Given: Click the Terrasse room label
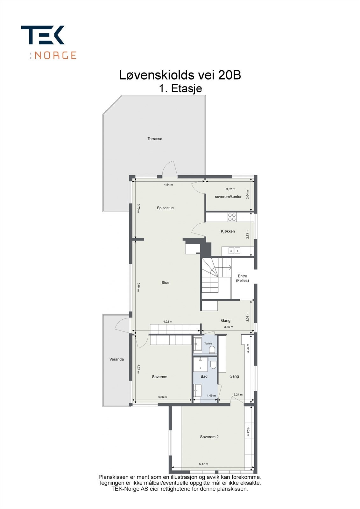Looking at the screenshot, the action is [x=155, y=139].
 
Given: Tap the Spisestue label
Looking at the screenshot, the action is [x=165, y=208].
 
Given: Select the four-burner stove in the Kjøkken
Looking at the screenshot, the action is [x=232, y=217].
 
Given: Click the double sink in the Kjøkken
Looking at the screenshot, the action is [x=234, y=251].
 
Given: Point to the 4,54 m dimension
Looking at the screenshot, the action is [x=168, y=185].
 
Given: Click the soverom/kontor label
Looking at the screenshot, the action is [x=228, y=197].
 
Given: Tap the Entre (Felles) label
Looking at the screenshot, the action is [x=243, y=278].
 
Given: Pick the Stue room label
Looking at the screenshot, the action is [x=165, y=283].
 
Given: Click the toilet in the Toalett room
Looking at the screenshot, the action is [x=212, y=350].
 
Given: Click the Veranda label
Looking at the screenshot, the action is [x=116, y=359].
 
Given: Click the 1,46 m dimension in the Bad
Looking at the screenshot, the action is [x=211, y=396].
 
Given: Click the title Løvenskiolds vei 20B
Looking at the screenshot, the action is [x=180, y=75].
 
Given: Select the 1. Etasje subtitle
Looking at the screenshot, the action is [x=180, y=88].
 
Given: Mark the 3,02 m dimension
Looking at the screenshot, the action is [x=230, y=189].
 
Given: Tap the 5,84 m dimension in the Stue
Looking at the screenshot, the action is [x=138, y=287].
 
